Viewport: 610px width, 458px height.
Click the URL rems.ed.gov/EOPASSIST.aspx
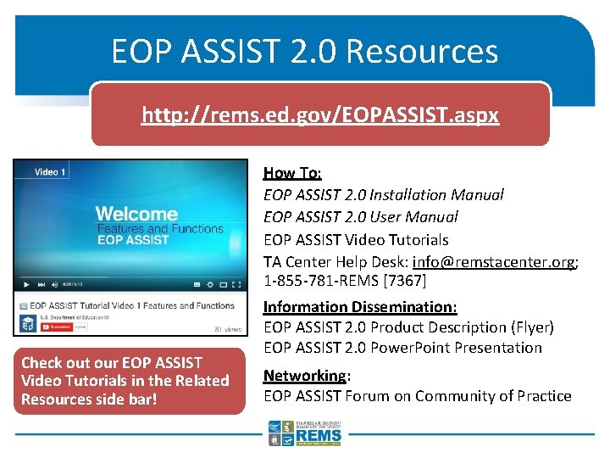point(320,114)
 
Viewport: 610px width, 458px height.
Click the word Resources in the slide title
point(422,52)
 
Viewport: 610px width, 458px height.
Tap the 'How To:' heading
point(292,173)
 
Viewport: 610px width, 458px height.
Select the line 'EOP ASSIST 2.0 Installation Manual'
point(383,195)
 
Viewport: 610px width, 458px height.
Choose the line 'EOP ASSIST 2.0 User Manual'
point(360,217)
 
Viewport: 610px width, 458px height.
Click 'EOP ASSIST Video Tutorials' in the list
point(356,240)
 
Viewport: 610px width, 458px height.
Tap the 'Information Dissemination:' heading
point(360,307)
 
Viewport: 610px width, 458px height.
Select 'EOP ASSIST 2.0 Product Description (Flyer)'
point(408,327)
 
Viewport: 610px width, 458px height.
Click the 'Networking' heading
point(304,376)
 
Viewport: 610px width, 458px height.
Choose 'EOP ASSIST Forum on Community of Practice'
point(417,396)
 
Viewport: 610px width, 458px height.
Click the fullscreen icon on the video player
point(236,284)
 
